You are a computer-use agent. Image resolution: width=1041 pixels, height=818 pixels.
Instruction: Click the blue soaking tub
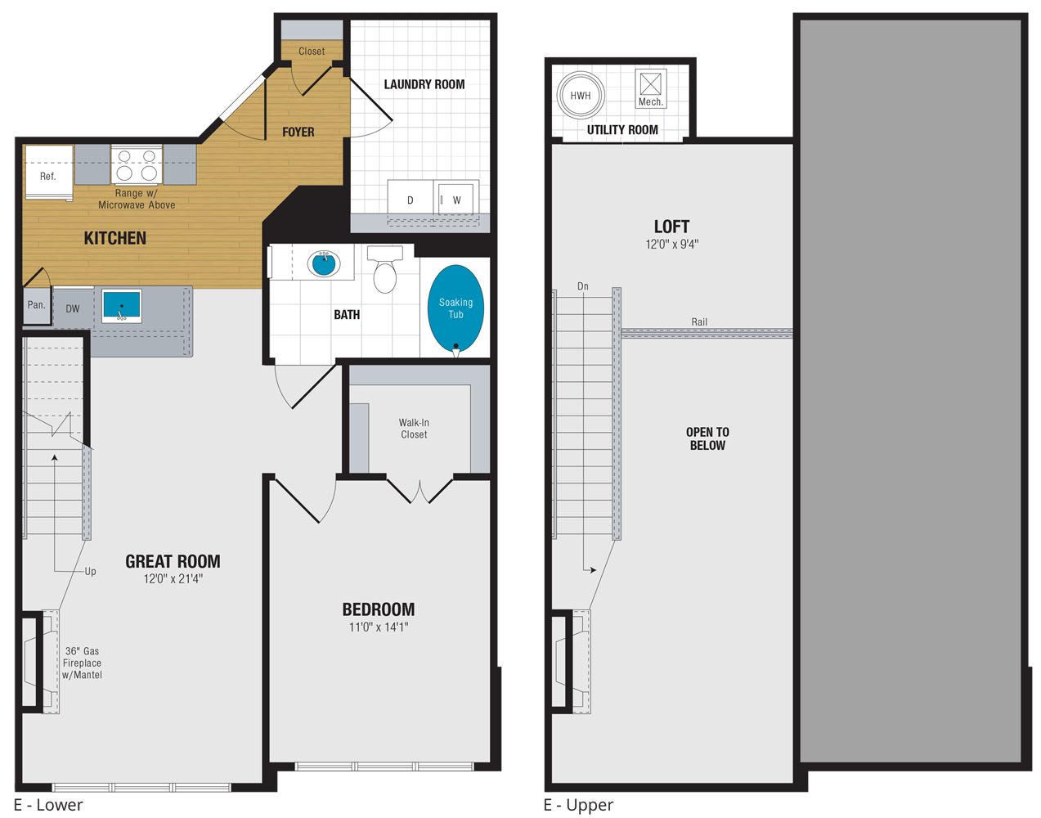point(455,308)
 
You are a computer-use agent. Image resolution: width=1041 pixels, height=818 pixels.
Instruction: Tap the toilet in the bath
point(384,273)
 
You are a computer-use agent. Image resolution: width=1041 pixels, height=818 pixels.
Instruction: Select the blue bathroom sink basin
point(324,263)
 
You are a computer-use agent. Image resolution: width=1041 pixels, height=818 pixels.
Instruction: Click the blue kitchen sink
point(122,306)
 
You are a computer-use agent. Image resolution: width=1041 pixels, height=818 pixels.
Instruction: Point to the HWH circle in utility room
point(580,96)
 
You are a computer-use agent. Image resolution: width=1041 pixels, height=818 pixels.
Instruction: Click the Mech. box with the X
point(650,84)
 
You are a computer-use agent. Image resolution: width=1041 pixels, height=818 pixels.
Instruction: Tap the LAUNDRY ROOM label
point(424,84)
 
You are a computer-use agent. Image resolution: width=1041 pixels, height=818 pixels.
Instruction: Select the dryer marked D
point(410,200)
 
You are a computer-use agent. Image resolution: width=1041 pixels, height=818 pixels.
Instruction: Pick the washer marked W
point(455,200)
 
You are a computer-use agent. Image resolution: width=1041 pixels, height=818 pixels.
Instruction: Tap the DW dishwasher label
point(73,308)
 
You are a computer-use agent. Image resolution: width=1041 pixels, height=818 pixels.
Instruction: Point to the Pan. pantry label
point(36,305)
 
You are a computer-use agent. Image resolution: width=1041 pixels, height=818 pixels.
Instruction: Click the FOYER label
point(298,132)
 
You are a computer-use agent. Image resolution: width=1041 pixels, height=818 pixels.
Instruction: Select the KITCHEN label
point(115,238)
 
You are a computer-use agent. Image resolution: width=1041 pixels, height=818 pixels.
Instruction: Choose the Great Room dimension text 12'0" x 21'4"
point(173,579)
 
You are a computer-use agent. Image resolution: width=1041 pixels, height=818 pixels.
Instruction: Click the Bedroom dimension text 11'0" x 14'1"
point(379,627)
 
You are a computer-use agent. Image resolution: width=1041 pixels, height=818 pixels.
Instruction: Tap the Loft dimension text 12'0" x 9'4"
point(671,244)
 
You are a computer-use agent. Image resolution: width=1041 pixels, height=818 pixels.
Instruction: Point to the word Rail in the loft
point(699,321)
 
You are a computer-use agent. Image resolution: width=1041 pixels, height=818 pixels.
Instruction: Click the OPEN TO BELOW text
point(707,438)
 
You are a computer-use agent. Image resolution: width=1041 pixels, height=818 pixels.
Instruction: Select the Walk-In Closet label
point(414,429)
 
